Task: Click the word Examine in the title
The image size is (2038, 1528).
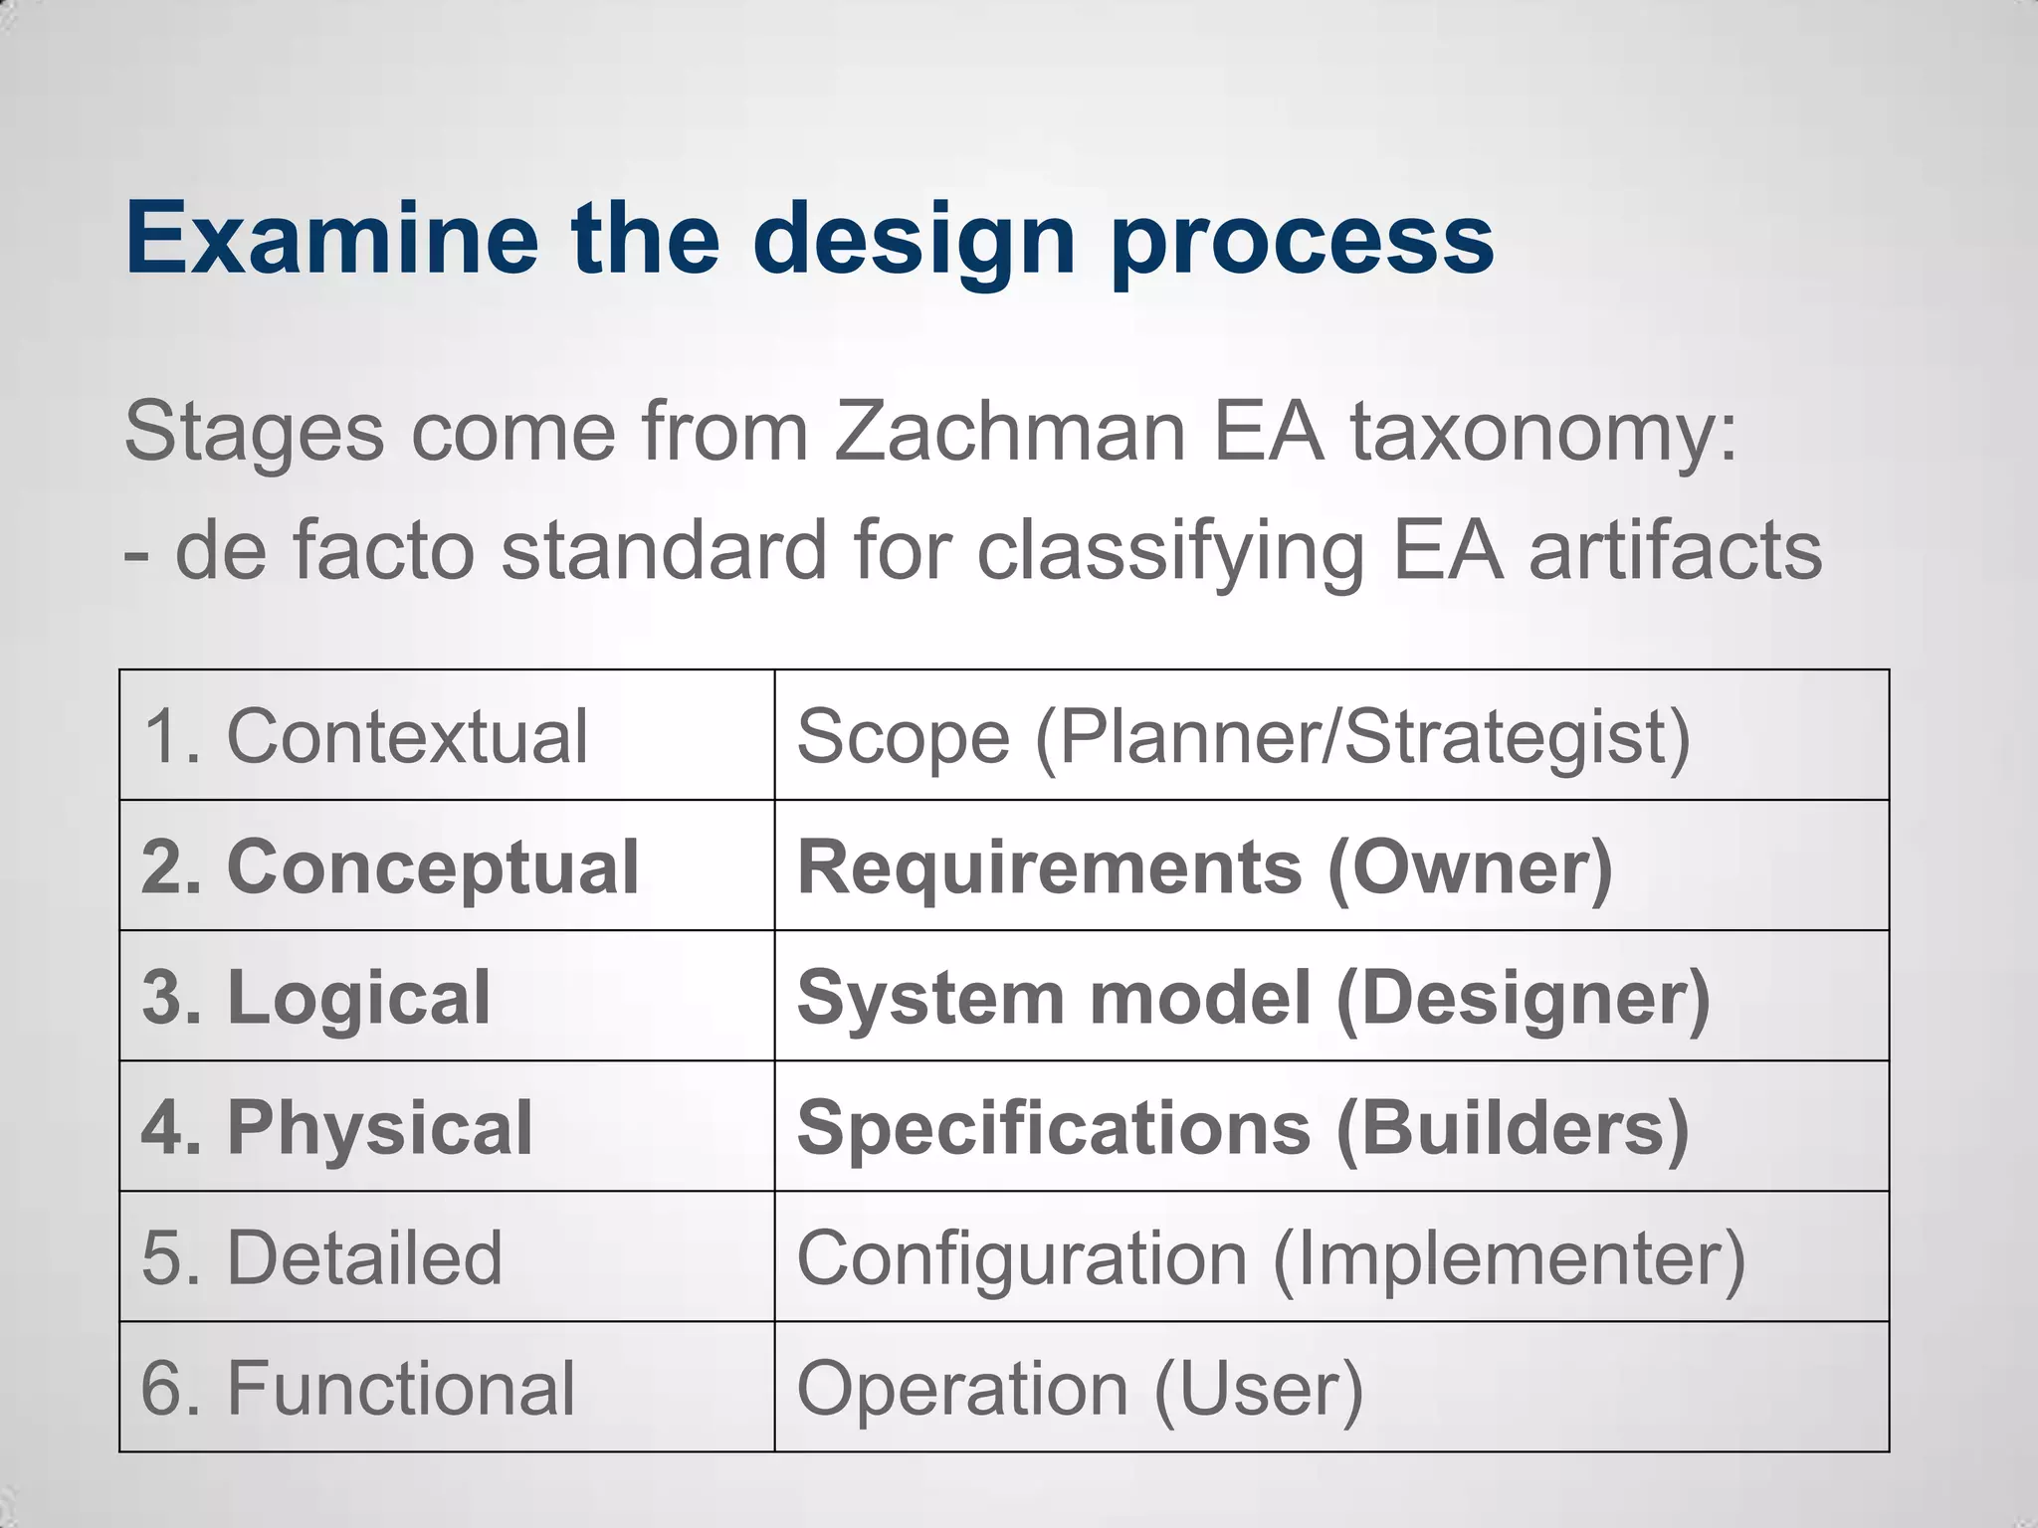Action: (331, 239)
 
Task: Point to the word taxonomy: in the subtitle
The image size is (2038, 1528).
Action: (1542, 436)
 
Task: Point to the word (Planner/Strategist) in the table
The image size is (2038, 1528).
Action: (1362, 738)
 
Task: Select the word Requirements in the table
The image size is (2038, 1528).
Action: (1050, 867)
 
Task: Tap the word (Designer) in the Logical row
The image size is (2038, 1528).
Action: (1523, 999)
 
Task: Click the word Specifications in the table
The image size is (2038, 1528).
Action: (1054, 1128)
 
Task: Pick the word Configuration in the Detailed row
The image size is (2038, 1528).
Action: (1022, 1259)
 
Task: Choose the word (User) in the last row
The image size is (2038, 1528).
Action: (1259, 1390)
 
